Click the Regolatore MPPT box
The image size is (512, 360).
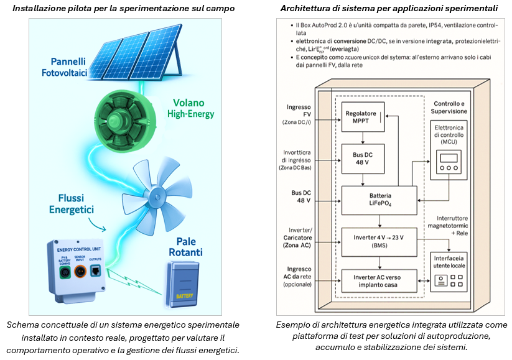tap(362, 116)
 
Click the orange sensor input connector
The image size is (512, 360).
tap(80, 272)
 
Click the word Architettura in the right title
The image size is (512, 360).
tap(306, 9)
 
